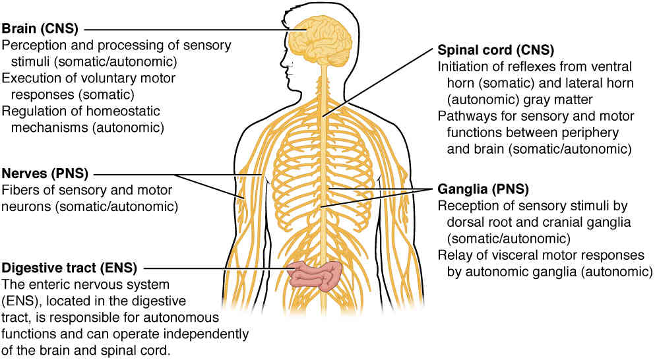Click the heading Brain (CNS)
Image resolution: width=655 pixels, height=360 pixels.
point(40,28)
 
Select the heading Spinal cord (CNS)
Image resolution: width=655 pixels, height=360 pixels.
point(496,50)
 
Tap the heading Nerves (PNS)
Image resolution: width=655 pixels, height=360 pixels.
point(45,173)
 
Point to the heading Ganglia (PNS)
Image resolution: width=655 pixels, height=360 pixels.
point(483,189)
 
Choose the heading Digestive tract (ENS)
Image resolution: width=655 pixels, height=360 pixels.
point(69,268)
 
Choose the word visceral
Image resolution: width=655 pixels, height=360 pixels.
point(518,255)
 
